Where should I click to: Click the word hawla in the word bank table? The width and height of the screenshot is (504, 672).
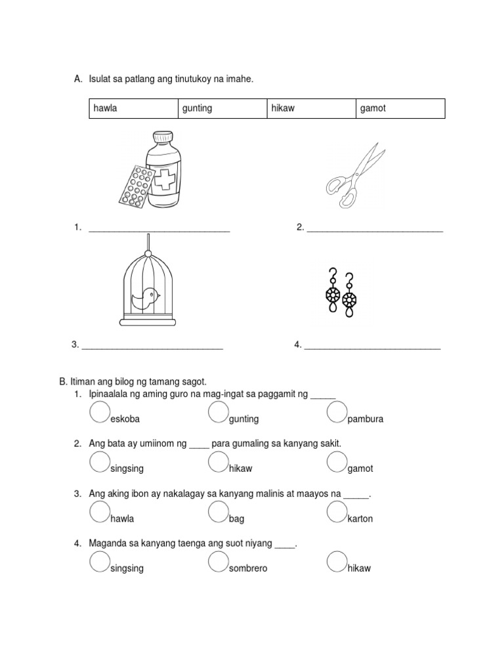(105, 108)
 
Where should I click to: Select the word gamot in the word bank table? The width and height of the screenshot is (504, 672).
(373, 108)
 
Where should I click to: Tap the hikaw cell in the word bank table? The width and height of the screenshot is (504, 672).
(283, 108)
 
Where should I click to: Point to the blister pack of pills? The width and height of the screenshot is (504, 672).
(135, 187)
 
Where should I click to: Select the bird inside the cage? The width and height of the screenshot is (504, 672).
(145, 299)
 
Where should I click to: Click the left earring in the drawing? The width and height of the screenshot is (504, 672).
(334, 293)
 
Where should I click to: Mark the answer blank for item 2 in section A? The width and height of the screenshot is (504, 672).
(375, 231)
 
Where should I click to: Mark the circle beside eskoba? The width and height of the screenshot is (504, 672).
(100, 412)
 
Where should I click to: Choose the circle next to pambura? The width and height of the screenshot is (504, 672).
(337, 412)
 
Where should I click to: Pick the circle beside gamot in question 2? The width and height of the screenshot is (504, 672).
(337, 462)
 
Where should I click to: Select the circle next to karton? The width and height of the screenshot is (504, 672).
(337, 512)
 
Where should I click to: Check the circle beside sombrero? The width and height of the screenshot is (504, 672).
(219, 562)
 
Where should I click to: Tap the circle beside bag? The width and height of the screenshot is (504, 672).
(219, 512)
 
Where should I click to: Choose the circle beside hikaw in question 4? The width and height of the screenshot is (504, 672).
(337, 562)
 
